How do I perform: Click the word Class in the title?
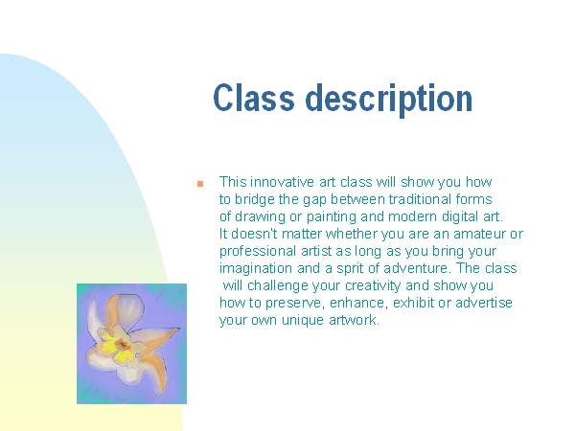pos(254,98)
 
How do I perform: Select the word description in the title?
pos(389,100)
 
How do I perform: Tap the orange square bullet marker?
pos(200,184)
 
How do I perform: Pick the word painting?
pos(332,217)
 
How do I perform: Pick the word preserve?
pos(294,304)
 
